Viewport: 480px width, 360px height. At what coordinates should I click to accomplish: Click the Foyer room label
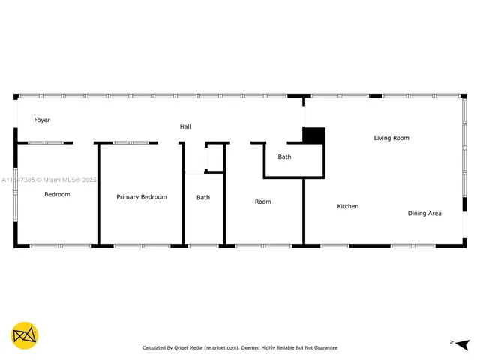pos(42,120)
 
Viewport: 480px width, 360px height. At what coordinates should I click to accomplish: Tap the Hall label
pos(185,127)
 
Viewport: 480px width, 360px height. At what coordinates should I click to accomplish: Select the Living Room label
pos(391,138)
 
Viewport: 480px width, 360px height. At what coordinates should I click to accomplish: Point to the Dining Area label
pos(424,214)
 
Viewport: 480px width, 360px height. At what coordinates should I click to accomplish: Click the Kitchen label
pos(347,206)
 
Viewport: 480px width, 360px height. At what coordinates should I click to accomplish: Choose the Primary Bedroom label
pos(142,197)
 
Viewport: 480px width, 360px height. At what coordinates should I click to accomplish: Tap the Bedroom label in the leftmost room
pos(57,195)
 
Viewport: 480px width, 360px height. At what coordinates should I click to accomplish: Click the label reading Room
pos(262,202)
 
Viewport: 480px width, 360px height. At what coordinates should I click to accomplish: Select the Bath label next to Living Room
pos(284,157)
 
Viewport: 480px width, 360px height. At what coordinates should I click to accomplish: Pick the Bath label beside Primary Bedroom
pos(203,198)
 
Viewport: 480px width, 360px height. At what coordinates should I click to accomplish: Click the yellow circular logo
pos(25,335)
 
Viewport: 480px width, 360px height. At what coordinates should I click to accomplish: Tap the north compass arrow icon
pos(462,343)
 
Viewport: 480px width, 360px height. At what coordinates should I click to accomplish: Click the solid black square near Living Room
pos(314,136)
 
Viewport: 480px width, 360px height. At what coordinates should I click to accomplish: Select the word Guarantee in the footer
pos(324,348)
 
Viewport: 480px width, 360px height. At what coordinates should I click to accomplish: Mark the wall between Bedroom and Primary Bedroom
pos(98,195)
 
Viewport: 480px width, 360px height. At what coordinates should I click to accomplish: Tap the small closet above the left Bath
pos(215,157)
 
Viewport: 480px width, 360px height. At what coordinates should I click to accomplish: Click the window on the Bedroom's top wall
pos(45,142)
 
